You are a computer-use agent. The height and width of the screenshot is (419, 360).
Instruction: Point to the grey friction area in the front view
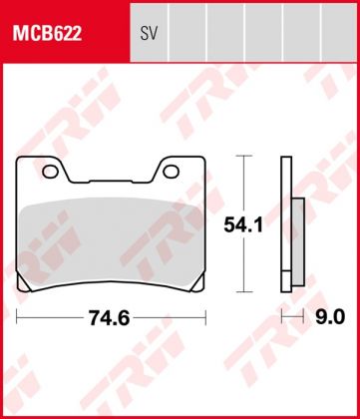click(x=112, y=239)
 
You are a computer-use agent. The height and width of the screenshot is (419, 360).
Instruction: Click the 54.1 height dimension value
click(x=249, y=226)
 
